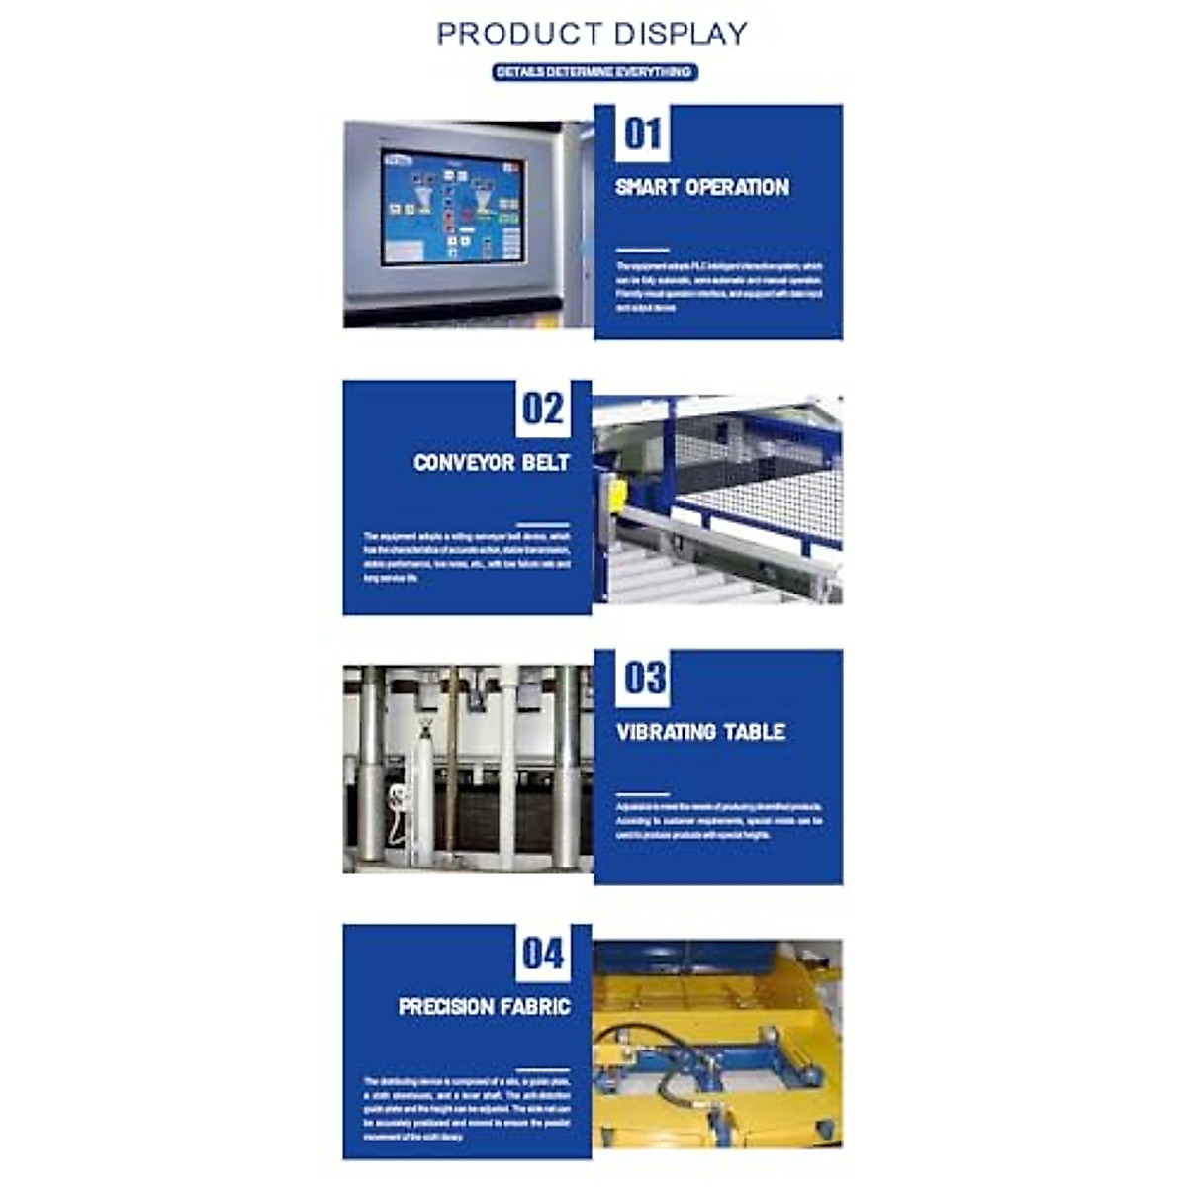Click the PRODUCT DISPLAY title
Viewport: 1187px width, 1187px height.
[592, 33]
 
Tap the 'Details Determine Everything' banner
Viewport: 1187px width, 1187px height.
[594, 72]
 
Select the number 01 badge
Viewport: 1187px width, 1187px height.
[642, 134]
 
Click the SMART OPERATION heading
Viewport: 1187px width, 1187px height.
[702, 187]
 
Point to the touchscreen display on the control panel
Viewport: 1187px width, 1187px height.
[453, 208]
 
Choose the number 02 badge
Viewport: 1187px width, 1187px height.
[542, 409]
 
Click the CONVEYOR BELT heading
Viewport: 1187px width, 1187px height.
[492, 462]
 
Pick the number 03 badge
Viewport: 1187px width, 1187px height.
[644, 679]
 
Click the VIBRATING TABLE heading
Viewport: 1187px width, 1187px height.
[701, 732]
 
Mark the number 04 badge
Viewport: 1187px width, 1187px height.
[542, 954]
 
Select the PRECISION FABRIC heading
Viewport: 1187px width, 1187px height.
[485, 1007]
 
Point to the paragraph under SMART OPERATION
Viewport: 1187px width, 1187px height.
[719, 287]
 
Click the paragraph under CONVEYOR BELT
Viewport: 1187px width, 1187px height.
[467, 557]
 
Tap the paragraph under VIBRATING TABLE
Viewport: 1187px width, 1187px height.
[719, 821]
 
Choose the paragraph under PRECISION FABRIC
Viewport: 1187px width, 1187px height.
[467, 1109]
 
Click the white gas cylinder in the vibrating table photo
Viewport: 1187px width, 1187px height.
[421, 791]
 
